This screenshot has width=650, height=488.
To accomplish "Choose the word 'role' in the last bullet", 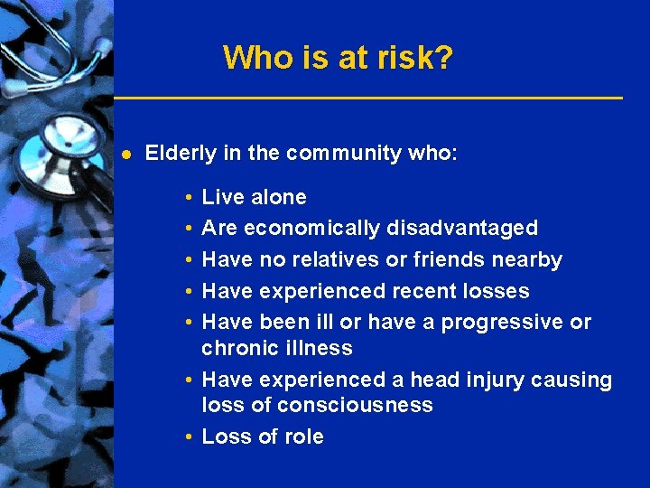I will (x=303, y=436).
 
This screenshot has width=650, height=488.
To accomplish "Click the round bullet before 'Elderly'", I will (x=126, y=155).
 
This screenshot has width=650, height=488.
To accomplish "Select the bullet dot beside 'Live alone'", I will (x=185, y=198).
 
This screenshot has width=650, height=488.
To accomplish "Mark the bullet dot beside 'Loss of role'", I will (x=185, y=437).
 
